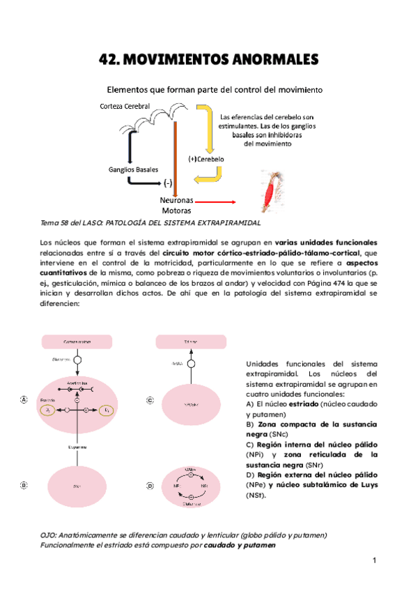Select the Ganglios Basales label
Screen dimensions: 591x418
(x=133, y=169)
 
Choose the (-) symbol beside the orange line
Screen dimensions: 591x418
(x=167, y=184)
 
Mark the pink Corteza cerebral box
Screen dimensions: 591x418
(x=77, y=342)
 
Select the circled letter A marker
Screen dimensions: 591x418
(x=24, y=399)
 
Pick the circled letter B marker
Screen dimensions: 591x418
(x=24, y=484)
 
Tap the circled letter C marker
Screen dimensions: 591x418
(x=150, y=400)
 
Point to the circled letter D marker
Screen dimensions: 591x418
(x=150, y=485)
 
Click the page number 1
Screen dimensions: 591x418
(x=374, y=560)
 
